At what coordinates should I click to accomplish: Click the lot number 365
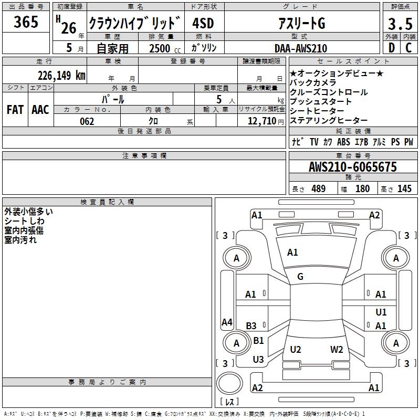click(x=26, y=22)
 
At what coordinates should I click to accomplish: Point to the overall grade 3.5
click(x=400, y=24)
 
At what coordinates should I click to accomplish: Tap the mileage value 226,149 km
click(x=61, y=75)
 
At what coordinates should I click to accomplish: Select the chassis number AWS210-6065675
click(x=352, y=167)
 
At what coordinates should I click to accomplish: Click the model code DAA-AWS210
click(x=300, y=48)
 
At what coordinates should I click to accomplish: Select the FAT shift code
click(x=15, y=109)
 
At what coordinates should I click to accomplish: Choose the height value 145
click(x=404, y=188)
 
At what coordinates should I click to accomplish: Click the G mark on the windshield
click(x=300, y=277)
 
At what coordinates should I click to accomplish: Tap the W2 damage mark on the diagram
click(x=337, y=350)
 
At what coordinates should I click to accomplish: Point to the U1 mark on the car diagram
click(x=381, y=312)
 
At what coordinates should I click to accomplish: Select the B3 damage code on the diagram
click(x=251, y=326)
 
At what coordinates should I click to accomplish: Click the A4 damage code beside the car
click(x=227, y=322)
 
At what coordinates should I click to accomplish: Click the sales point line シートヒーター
click(x=317, y=111)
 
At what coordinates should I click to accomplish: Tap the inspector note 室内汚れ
click(x=20, y=240)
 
